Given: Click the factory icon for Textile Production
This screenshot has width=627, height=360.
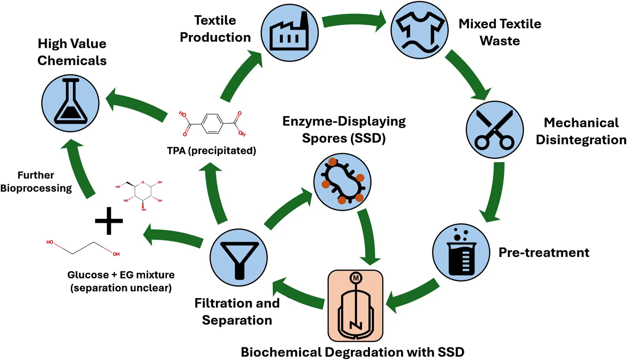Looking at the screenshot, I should pyautogui.click(x=289, y=33).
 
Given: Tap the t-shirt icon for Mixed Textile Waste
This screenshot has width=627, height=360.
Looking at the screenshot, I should pyautogui.click(x=419, y=30).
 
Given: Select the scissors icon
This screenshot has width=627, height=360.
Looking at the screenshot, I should pyautogui.click(x=495, y=130).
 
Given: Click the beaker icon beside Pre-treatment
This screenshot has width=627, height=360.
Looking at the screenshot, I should pyautogui.click(x=461, y=252).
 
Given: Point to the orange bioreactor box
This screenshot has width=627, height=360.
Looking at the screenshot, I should pyautogui.click(x=355, y=306).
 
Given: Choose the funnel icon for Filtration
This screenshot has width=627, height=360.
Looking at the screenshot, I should pyautogui.click(x=239, y=257).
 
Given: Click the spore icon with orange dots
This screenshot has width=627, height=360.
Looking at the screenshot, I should pyautogui.click(x=342, y=182).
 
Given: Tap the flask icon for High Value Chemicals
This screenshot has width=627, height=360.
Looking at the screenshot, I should pyautogui.click(x=70, y=103).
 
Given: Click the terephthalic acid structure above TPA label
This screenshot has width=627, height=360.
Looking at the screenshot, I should pyautogui.click(x=212, y=124).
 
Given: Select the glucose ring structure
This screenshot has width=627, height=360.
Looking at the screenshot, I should pyautogui.click(x=143, y=194).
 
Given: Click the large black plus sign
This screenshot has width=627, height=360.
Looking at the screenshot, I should pyautogui.click(x=109, y=221).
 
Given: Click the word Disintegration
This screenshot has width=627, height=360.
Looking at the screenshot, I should pyautogui.click(x=581, y=140).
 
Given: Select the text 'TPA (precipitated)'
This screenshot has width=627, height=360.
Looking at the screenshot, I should pyautogui.click(x=211, y=151).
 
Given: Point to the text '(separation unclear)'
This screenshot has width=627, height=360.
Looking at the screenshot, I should pyautogui.click(x=121, y=288).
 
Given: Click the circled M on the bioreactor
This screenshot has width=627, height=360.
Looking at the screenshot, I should pyautogui.click(x=355, y=278).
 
